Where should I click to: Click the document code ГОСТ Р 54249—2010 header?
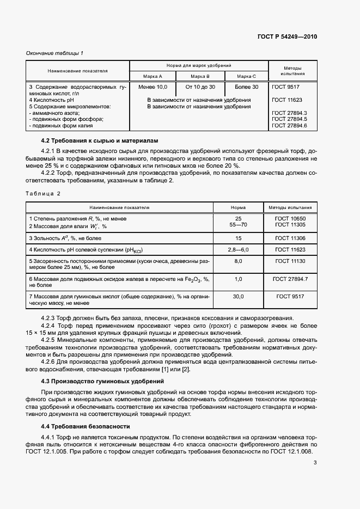[x=286, y=36]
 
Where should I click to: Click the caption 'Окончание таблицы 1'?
[x=55, y=53]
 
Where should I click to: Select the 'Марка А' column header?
[x=153, y=76]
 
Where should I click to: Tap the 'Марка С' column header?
[x=247, y=76]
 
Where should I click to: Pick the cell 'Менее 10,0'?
[x=153, y=87]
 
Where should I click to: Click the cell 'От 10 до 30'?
[x=200, y=87]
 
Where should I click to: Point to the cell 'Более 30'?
[x=247, y=87]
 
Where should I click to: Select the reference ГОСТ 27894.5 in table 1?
[x=290, y=119]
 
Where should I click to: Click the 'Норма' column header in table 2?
[x=237, y=207]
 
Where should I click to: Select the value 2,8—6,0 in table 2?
[x=237, y=249]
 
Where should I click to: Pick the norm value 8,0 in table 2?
[x=237, y=261]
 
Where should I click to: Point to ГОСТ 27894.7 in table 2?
[x=290, y=279]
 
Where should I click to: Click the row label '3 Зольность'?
[x=65, y=238]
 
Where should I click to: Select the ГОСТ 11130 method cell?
[x=290, y=261]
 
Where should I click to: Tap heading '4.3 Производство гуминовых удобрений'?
[x=103, y=381]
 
